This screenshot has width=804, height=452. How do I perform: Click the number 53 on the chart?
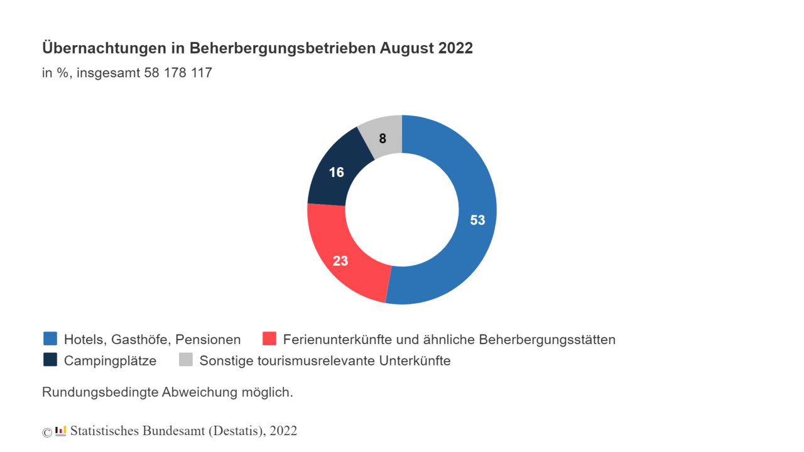point(478,220)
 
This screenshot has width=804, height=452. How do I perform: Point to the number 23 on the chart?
point(340,261)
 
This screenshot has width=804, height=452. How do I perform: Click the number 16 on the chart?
point(337,172)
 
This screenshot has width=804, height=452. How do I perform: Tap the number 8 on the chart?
point(383,139)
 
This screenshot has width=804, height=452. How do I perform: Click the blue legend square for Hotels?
point(50,339)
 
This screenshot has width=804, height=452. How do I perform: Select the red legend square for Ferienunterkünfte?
point(269,339)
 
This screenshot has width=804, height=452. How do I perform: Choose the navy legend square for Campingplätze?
point(50,360)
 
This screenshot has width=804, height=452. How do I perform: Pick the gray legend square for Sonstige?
point(186,360)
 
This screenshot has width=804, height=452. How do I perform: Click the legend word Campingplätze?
point(110,361)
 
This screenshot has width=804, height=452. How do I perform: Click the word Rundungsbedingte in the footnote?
point(100,393)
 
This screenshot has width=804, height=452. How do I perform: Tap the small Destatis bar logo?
point(60,431)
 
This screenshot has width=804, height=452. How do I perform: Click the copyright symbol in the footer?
point(47,432)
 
